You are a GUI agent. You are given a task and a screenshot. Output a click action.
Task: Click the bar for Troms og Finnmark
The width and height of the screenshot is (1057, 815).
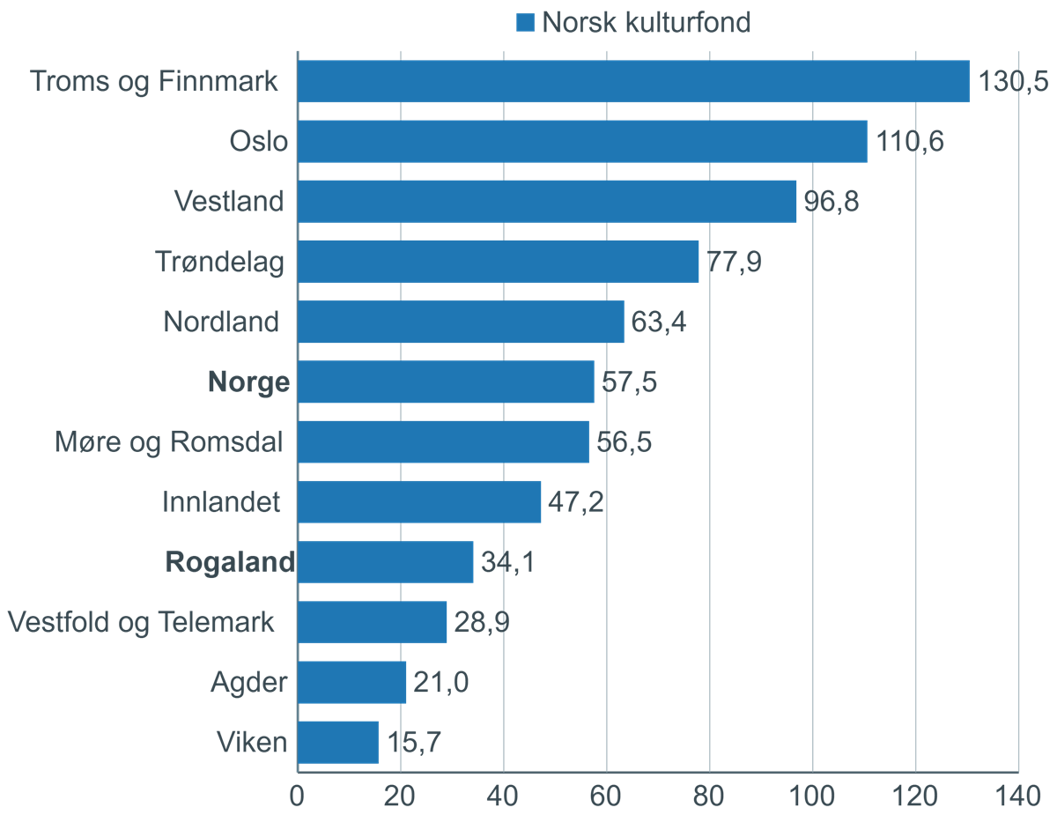pos(633,82)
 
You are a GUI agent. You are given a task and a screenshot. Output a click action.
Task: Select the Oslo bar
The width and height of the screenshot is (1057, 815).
pos(581,142)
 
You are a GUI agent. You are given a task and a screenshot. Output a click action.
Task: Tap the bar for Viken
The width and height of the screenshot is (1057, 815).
pos(338,742)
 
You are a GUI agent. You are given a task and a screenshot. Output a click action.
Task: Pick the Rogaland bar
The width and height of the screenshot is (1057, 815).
pos(385,562)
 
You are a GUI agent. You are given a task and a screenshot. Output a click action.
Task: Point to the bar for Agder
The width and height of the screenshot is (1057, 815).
pos(351,682)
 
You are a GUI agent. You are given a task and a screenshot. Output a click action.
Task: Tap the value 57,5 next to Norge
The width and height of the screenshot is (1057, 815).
pos(629,382)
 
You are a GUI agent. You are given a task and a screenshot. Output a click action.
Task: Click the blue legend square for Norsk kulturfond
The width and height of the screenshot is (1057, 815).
pos(526,23)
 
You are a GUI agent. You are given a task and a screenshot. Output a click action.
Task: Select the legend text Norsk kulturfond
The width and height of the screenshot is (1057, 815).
pos(647,22)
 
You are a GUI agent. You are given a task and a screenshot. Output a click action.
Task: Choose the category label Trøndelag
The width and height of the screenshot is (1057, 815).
pos(219,263)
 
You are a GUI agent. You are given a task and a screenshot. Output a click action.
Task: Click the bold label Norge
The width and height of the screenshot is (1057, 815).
pos(248,382)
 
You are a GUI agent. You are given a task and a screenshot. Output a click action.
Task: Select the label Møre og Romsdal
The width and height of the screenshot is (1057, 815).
pos(168,442)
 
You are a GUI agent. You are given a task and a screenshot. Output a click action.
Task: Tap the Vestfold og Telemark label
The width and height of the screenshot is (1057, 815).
pos(141,622)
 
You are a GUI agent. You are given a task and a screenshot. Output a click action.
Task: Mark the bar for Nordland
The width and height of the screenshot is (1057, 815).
pos(461,322)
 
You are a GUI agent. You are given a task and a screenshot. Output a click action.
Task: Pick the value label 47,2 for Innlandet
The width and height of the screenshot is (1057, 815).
pos(575,502)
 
